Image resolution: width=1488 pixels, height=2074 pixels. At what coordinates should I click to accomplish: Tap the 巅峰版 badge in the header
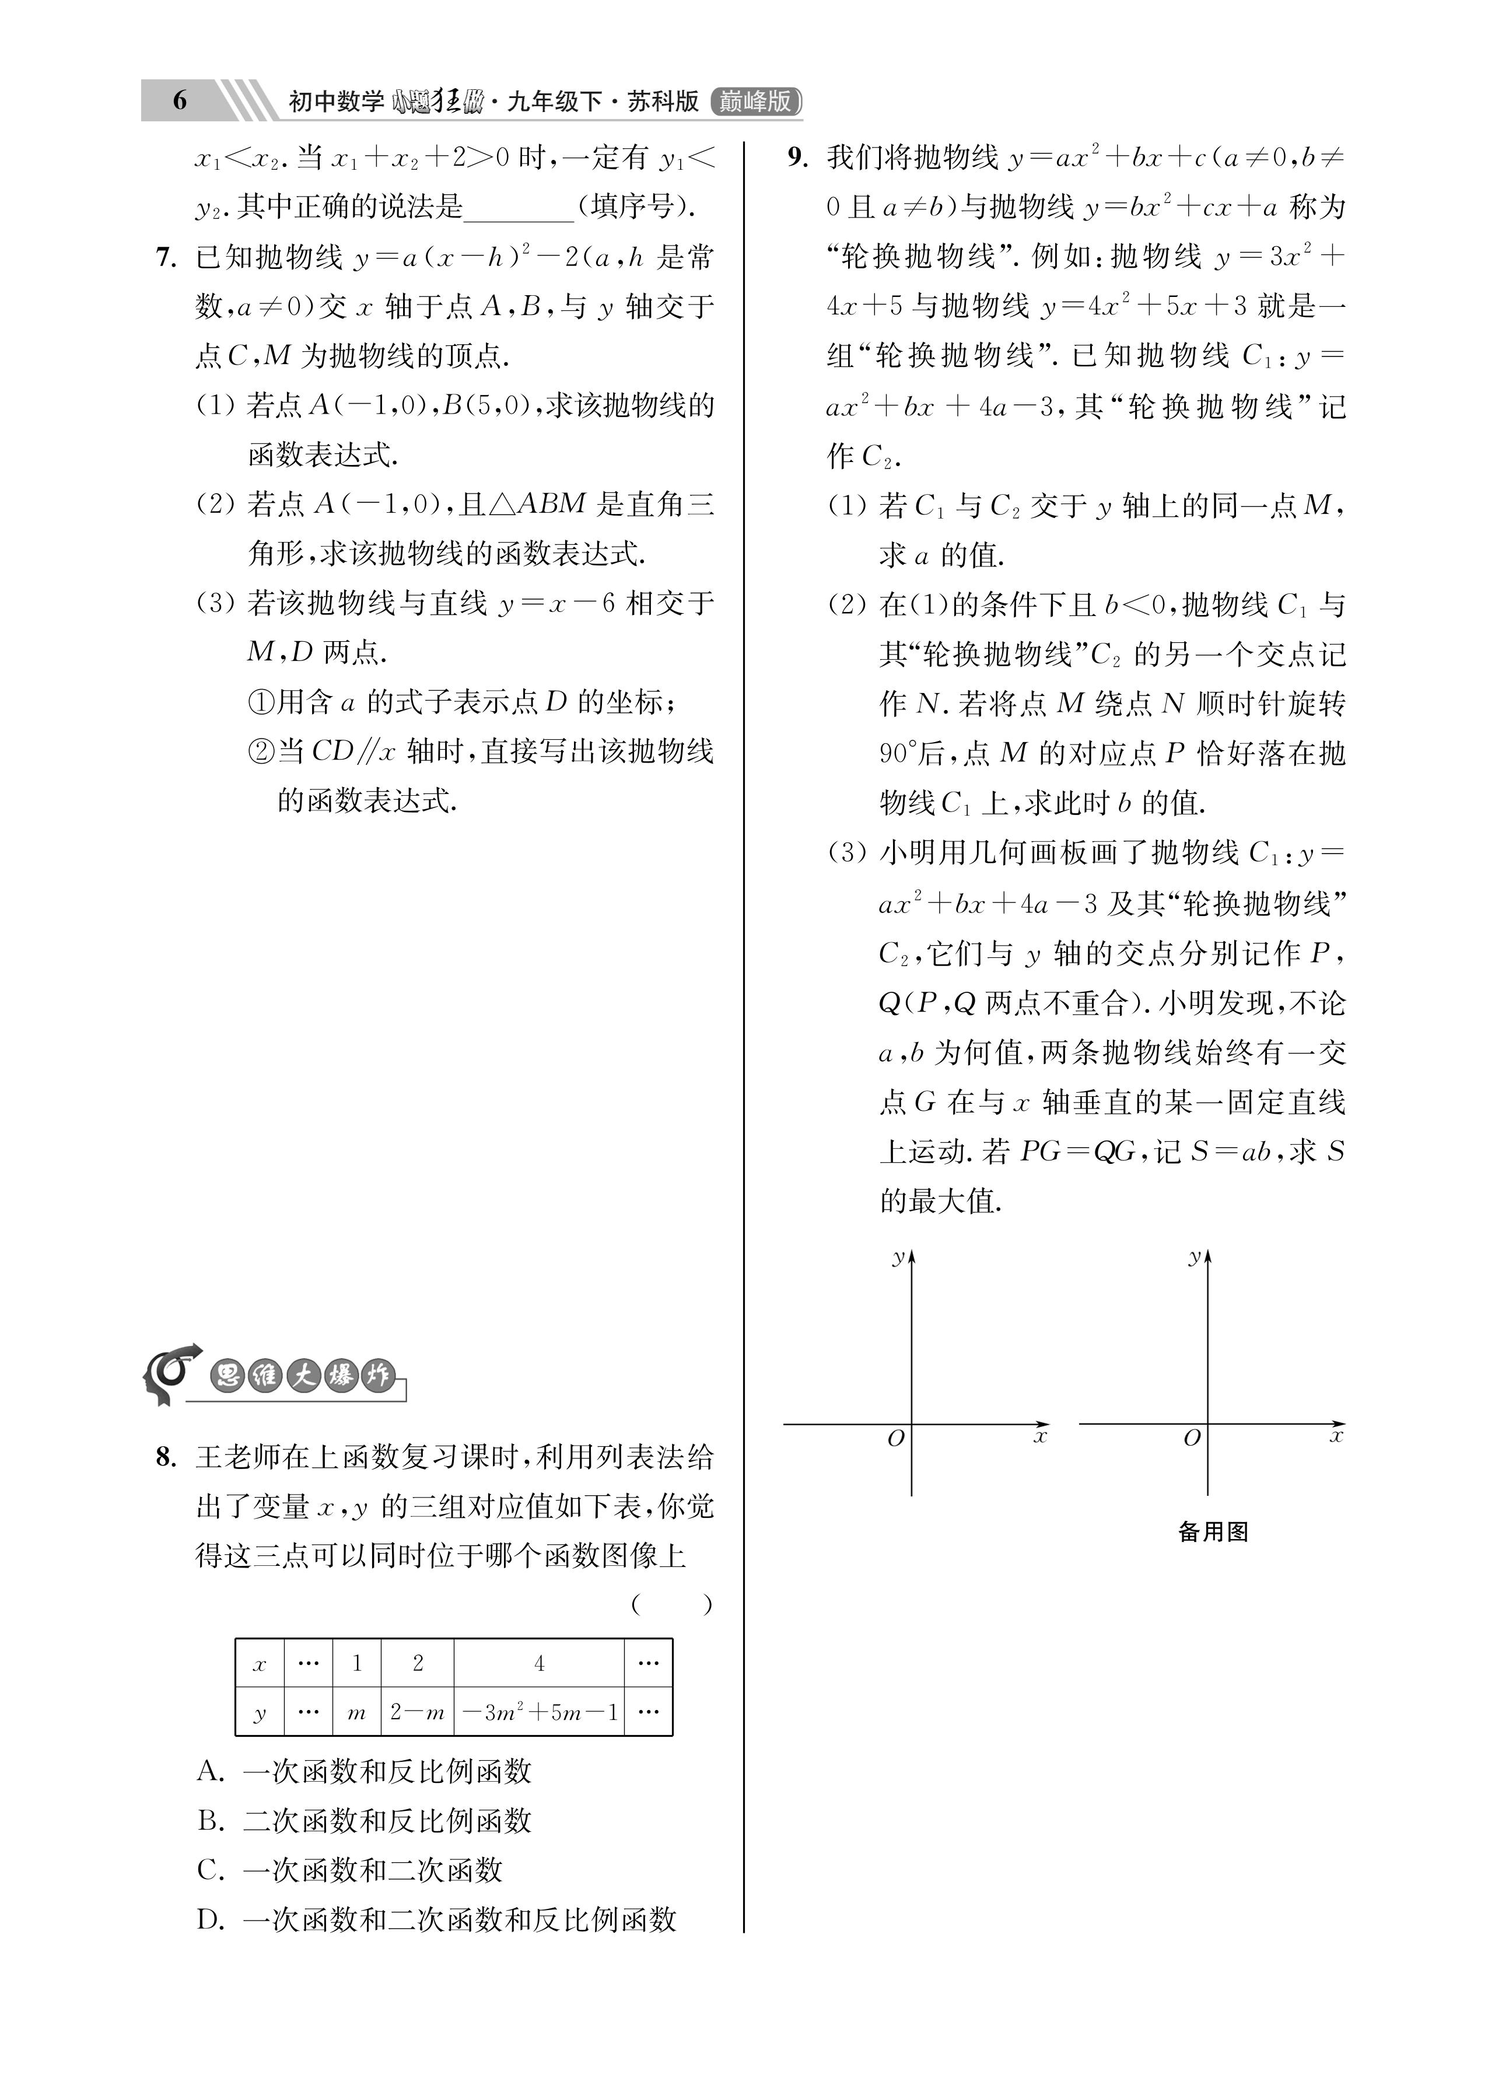click(755, 100)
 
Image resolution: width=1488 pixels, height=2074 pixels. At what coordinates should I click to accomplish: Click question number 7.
click(166, 258)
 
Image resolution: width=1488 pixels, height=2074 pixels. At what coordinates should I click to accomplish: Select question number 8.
click(166, 1457)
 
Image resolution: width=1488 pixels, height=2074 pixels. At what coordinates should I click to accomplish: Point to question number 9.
click(797, 158)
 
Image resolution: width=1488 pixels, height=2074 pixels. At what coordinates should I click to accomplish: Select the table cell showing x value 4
click(540, 1663)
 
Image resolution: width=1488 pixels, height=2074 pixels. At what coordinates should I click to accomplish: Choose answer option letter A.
click(211, 1771)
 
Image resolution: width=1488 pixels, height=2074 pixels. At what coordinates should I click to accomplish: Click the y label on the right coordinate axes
click(1193, 1257)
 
